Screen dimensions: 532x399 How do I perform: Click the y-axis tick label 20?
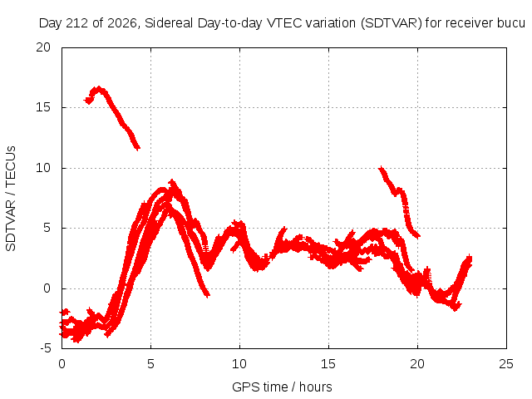tap(43, 47)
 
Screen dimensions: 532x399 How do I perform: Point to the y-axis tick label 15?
tap(43, 107)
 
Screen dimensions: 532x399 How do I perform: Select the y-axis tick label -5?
tap(46, 348)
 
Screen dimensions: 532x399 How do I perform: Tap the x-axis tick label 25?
tap(506, 364)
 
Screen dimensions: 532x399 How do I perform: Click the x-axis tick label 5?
tap(150, 364)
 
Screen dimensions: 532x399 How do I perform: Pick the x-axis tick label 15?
tap(328, 364)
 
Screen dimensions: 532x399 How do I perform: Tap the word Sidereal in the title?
tap(169, 23)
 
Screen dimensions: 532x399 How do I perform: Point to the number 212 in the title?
tap(78, 23)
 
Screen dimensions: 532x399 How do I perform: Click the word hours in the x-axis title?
tap(316, 387)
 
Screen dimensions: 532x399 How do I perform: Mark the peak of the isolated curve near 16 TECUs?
tap(99, 88)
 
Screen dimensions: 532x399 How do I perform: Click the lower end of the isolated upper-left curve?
tap(137, 148)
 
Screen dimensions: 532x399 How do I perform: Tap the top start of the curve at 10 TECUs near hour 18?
tap(381, 168)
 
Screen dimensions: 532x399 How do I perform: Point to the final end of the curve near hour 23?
tap(470, 259)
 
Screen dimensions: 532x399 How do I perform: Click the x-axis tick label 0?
tap(62, 364)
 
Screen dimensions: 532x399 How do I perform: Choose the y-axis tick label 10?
tap(43, 168)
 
